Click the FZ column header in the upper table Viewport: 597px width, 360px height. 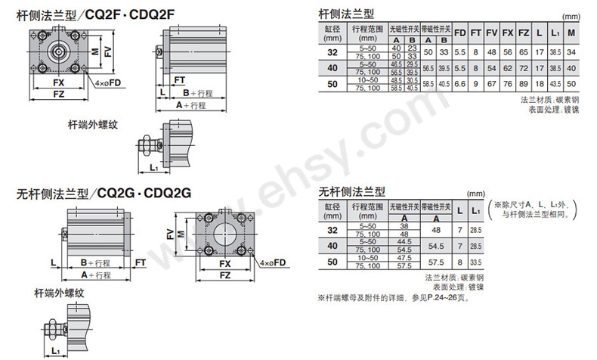pos(524,33)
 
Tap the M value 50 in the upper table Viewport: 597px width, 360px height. pos(572,83)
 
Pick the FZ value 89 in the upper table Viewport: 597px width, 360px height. pos(524,83)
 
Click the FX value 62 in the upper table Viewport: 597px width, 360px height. pos(507,67)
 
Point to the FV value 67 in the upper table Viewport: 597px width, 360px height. pos(491,83)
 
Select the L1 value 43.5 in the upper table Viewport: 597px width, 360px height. pos(555,83)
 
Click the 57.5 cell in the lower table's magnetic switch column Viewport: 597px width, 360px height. pos(435,261)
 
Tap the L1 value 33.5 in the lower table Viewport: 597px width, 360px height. pos(475,261)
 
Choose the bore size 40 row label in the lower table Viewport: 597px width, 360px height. pos(333,245)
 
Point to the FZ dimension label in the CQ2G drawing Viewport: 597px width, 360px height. pos(225,276)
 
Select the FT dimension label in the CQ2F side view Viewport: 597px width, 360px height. pos(179,79)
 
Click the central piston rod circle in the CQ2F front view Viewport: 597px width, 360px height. pos(58,51)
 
